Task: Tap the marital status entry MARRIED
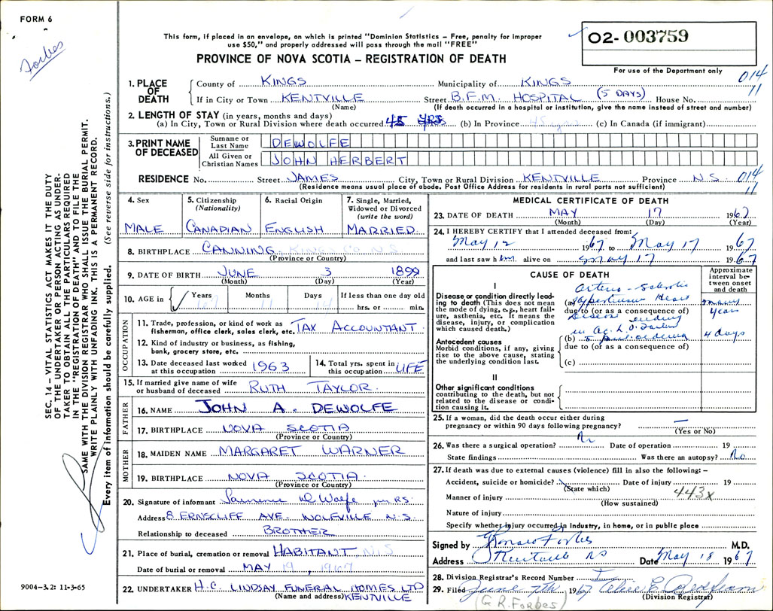coord(382,229)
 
